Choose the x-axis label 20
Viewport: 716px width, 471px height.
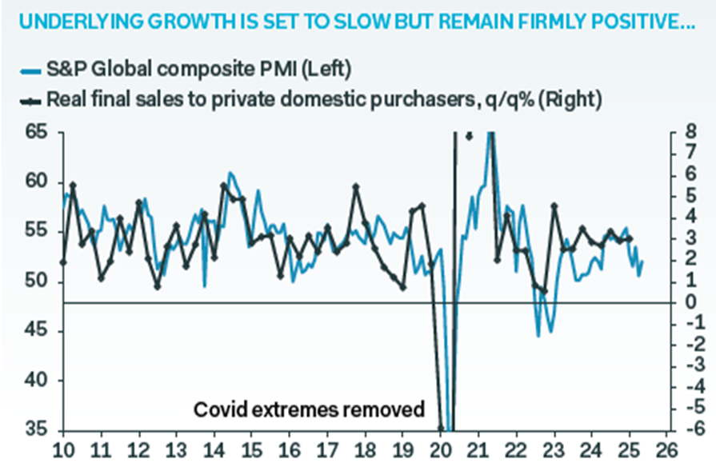click(x=442, y=449)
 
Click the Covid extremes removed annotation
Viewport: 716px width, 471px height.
click(x=309, y=410)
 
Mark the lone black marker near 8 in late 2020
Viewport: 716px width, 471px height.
click(x=470, y=135)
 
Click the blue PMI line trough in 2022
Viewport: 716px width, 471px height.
click(x=538, y=335)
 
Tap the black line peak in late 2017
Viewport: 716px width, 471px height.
click(x=357, y=187)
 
